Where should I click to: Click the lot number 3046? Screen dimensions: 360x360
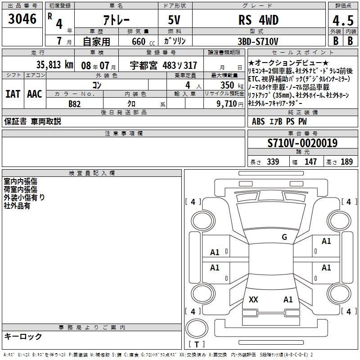pos(22,19)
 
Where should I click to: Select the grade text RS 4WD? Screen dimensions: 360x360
pos(258,20)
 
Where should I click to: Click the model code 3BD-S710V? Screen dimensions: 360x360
pos(259,41)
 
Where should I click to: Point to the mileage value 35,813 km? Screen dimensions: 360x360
pos(54,64)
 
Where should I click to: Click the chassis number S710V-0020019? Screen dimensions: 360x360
pos(302,144)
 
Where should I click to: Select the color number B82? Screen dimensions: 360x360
pos(75,103)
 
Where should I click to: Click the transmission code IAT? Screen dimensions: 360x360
pos(12,94)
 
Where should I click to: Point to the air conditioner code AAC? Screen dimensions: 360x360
pos(35,94)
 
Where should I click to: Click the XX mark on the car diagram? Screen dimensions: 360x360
pos(253,300)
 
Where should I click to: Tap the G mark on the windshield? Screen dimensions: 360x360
pos(284,237)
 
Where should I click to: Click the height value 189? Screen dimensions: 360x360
pos(347,162)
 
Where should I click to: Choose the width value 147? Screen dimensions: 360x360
pos(310,162)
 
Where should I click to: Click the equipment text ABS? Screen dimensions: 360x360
pos(258,121)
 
